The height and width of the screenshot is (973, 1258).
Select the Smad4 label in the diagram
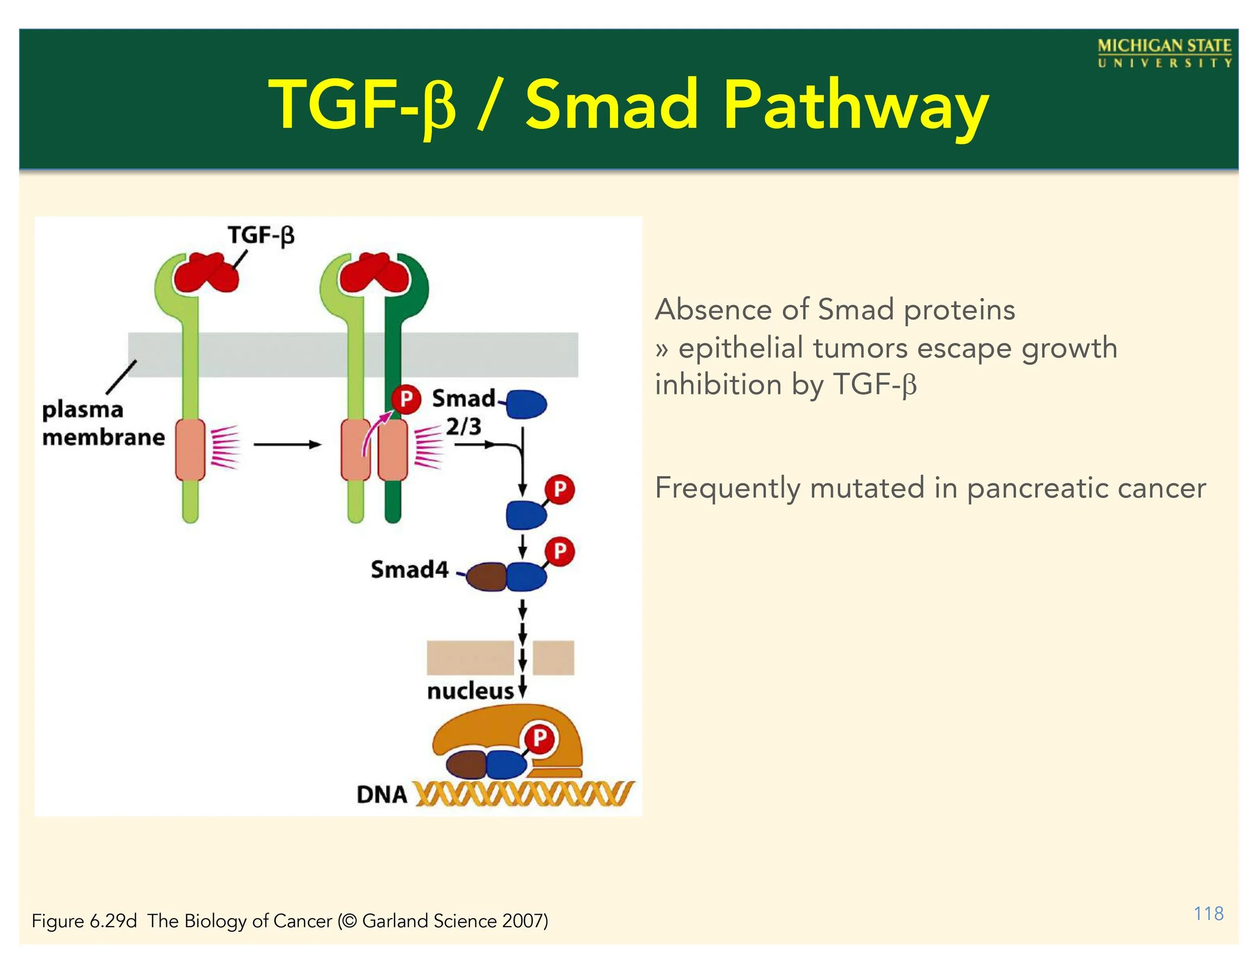click(409, 570)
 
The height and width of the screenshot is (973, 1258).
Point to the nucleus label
click(470, 690)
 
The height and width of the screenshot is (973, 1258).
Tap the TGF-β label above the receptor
click(261, 235)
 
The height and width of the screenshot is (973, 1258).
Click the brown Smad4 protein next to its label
click(486, 577)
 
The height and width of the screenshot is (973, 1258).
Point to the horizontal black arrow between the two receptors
click(286, 444)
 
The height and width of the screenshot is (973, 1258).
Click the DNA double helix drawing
click(524, 794)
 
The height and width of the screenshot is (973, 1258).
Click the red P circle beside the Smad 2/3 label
click(406, 399)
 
